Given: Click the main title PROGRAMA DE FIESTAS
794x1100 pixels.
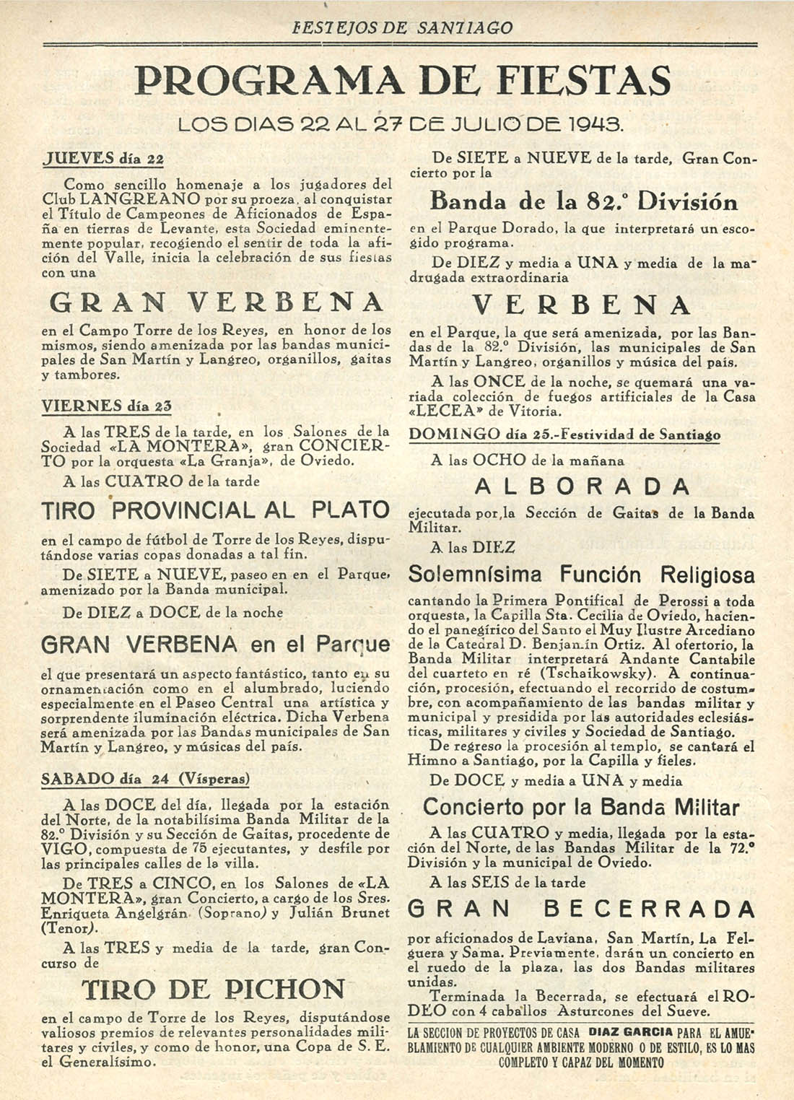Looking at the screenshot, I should pyautogui.click(x=403, y=81).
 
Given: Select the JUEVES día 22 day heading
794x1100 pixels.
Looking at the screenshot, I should pyautogui.click(x=102, y=159).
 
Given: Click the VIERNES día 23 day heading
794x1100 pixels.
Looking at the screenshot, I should pyautogui.click(x=106, y=406).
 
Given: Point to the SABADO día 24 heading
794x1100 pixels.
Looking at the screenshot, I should pyautogui.click(x=145, y=779).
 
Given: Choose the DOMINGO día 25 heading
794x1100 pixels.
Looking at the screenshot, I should pyautogui.click(x=564, y=435).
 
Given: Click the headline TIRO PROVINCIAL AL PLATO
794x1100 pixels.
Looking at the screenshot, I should pyautogui.click(x=215, y=510).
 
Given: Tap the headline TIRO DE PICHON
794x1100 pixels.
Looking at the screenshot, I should pyautogui.click(x=213, y=989).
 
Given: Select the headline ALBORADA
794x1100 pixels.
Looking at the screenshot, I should pyautogui.click(x=582, y=486).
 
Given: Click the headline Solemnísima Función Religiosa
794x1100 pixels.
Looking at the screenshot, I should pyautogui.click(x=581, y=575).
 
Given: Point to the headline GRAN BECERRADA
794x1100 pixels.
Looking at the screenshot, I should pyautogui.click(x=581, y=909).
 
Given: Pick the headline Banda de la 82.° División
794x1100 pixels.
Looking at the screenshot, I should pyautogui.click(x=583, y=201).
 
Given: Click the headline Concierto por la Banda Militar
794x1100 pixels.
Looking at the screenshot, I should pyautogui.click(x=581, y=807).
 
